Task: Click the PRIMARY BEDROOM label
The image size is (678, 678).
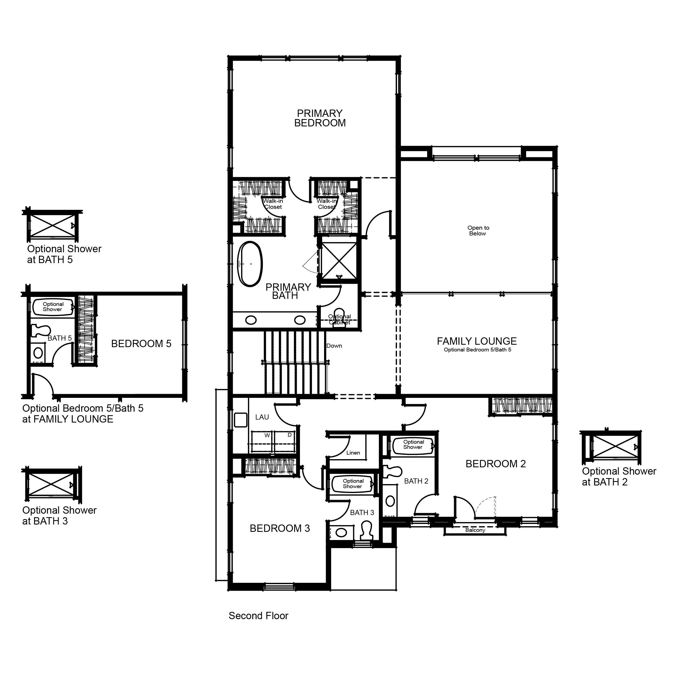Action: [x=320, y=118]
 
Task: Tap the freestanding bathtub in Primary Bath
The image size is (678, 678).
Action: [x=250, y=264]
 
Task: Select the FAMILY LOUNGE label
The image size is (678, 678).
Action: [x=476, y=341]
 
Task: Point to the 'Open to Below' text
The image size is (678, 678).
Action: [x=478, y=231]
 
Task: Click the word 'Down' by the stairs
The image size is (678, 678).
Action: [x=334, y=346]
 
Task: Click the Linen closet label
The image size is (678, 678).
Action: [x=353, y=453]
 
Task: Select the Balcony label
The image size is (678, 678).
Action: [x=475, y=530]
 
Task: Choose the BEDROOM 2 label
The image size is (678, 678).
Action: [x=495, y=463]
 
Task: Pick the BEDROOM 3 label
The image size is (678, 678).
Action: [x=280, y=528]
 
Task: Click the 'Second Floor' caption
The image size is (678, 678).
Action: [x=258, y=616]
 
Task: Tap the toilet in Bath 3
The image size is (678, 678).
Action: [x=366, y=530]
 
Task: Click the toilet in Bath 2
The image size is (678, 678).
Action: [x=392, y=472]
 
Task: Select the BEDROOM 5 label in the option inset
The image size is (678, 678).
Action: [x=141, y=344]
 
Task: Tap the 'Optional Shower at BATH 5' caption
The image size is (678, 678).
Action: [x=64, y=254]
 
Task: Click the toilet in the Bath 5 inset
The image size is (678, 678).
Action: [x=41, y=331]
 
